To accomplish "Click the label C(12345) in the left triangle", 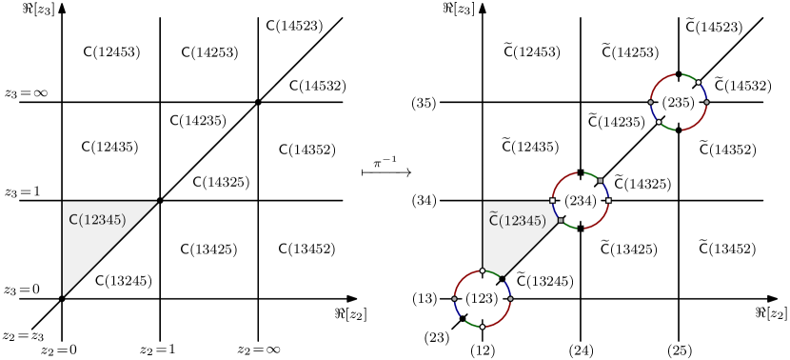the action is [97, 220].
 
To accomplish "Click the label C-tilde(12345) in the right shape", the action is [517, 221].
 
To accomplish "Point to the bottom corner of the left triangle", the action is [63, 295].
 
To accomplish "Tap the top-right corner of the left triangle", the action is [156, 202].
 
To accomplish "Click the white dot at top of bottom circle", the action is [483, 270].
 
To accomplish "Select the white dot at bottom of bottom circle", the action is [483, 327].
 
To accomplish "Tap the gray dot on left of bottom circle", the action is [454, 299].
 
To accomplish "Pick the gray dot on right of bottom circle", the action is [511, 299].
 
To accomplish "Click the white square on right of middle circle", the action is [608, 200].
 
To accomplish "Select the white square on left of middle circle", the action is [552, 201].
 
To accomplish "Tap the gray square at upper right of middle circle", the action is [600, 180].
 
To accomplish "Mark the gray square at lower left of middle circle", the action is [561, 221].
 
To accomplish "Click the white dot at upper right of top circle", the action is [699, 82].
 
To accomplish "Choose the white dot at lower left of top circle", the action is [659, 122].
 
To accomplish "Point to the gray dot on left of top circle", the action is [651, 102].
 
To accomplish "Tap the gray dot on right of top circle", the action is [707, 102].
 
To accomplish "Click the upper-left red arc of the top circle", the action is [659, 82].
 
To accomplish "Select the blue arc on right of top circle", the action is [704, 90].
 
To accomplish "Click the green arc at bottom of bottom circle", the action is [470, 324].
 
